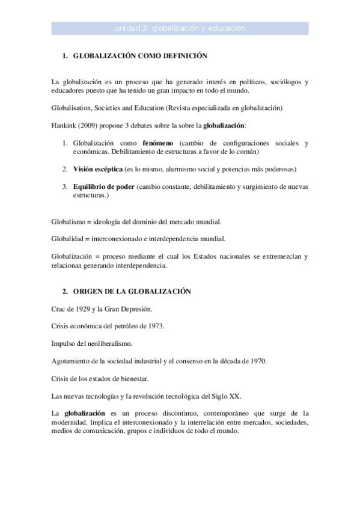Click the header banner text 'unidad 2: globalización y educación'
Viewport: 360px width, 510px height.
180,28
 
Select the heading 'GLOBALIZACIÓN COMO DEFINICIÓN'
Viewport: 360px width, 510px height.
140,55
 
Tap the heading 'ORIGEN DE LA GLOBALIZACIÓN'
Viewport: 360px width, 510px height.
132,291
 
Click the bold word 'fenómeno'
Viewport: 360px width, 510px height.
158,143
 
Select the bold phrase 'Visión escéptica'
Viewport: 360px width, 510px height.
98,169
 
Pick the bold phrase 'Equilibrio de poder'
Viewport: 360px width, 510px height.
103,186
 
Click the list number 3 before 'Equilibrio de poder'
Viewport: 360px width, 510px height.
64,186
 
